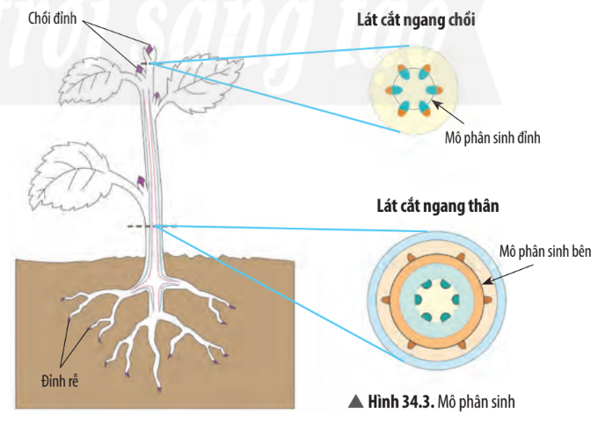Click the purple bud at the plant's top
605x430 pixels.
(x=149, y=50)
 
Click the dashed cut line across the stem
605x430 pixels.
(x=154, y=226)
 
